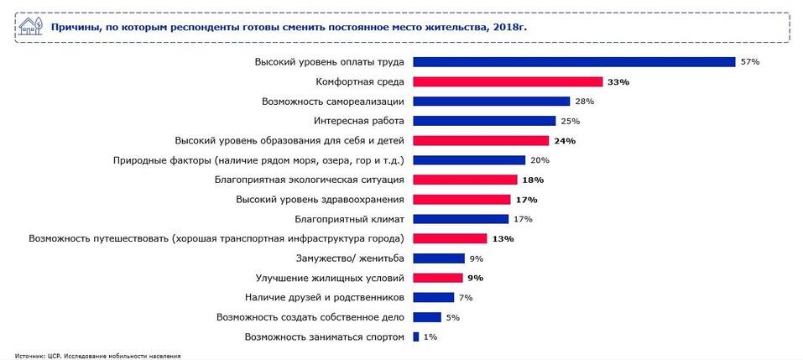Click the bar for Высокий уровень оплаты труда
click(574, 62)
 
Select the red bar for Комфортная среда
click(508, 82)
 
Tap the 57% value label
click(749, 62)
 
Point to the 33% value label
click(618, 82)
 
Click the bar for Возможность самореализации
click(492, 102)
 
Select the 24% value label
click(565, 141)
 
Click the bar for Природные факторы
click(469, 160)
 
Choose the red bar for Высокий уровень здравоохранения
click(461, 200)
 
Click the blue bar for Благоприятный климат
click(461, 219)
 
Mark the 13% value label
click(503, 239)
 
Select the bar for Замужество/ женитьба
click(439, 258)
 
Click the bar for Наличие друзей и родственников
click(433, 298)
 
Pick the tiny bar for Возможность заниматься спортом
click(415, 337)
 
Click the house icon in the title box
click(29, 27)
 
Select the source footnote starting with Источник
click(97, 356)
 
